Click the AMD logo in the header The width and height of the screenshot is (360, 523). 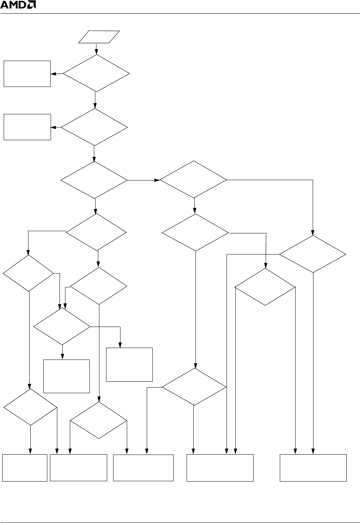click(18, 6)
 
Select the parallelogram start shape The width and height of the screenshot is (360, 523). click(99, 37)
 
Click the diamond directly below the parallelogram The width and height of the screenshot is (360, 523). click(96, 73)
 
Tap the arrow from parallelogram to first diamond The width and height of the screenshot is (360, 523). click(96, 49)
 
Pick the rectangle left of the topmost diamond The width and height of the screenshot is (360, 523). click(27, 74)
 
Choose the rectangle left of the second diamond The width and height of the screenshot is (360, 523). click(27, 127)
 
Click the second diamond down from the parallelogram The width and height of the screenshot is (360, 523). click(94, 127)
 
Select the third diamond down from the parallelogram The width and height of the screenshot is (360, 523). click(94, 180)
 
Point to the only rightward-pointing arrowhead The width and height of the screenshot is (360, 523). click(157, 180)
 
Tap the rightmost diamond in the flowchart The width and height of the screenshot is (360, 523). click(313, 254)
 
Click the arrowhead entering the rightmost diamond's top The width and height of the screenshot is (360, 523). click(313, 233)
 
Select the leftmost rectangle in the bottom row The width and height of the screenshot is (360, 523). click(25, 468)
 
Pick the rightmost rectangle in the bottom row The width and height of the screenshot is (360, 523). click(313, 468)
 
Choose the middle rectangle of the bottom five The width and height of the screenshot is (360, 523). click(143, 468)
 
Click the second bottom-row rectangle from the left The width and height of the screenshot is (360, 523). click(78, 468)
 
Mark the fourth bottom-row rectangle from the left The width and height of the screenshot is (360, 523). click(220, 468)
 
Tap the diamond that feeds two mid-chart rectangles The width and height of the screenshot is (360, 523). click(62, 327)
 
